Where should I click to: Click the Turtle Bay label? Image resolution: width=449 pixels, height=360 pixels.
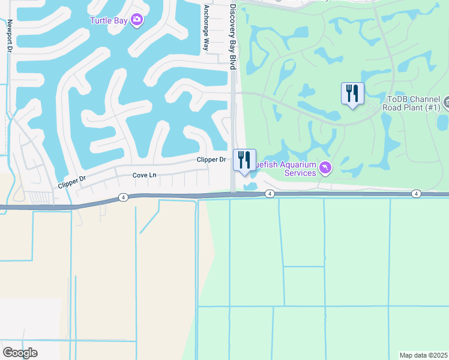(x=108, y=20)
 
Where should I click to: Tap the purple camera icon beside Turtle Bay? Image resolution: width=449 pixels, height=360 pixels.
(x=137, y=20)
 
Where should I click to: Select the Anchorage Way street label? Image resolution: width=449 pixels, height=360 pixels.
(x=206, y=28)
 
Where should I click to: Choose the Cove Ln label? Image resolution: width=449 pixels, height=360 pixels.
(x=144, y=175)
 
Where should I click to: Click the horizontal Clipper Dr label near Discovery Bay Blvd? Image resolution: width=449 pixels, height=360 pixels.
(x=211, y=160)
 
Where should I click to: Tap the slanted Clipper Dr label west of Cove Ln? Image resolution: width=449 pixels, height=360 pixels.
(x=73, y=182)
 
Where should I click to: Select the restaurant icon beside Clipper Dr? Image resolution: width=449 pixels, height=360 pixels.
(x=244, y=160)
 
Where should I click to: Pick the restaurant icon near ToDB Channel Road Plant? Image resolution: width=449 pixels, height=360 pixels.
(x=352, y=94)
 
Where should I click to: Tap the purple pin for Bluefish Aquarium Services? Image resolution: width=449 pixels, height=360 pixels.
(x=325, y=167)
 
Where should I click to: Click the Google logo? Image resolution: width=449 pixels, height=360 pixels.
(x=20, y=353)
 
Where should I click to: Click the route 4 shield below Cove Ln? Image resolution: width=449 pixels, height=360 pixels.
(x=123, y=197)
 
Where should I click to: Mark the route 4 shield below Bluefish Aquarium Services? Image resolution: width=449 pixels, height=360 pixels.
(x=270, y=194)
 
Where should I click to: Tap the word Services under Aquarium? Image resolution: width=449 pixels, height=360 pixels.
(x=300, y=173)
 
